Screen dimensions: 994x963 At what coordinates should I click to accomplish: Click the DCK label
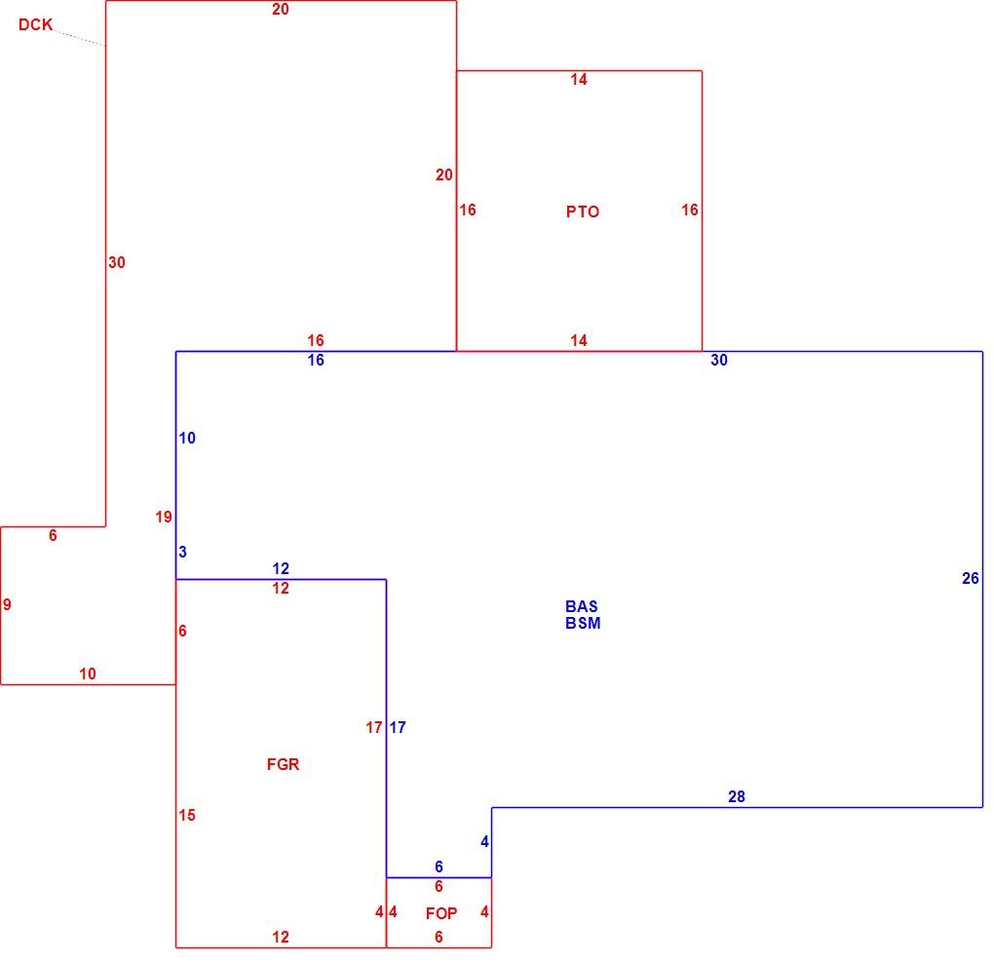click(35, 24)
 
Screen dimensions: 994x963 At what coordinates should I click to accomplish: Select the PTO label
click(583, 212)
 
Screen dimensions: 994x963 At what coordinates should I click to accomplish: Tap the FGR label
click(283, 764)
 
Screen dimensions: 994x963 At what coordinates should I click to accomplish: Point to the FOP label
click(441, 913)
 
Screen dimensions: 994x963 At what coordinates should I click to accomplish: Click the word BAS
click(582, 606)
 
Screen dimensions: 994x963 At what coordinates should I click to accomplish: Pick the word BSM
click(583, 623)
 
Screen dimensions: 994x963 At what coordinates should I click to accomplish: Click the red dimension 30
click(117, 262)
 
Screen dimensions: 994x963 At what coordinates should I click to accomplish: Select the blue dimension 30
click(719, 360)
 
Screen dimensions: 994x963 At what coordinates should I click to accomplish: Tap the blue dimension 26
click(971, 578)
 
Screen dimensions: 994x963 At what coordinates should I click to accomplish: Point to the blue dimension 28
click(737, 797)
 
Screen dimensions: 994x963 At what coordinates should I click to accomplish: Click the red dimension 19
click(164, 518)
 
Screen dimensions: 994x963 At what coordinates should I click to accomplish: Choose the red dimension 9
click(7, 605)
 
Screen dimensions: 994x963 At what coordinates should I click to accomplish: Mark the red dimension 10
click(88, 674)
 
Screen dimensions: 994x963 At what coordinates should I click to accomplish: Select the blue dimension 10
click(187, 438)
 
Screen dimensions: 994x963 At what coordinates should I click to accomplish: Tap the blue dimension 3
click(182, 553)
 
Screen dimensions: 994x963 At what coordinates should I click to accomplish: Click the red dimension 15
click(187, 815)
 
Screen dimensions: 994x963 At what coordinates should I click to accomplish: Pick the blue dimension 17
click(398, 728)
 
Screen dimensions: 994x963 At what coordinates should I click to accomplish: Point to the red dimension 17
click(374, 728)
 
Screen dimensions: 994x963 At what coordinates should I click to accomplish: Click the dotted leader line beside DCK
click(79, 37)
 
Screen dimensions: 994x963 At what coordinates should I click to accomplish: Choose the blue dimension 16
click(316, 360)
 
